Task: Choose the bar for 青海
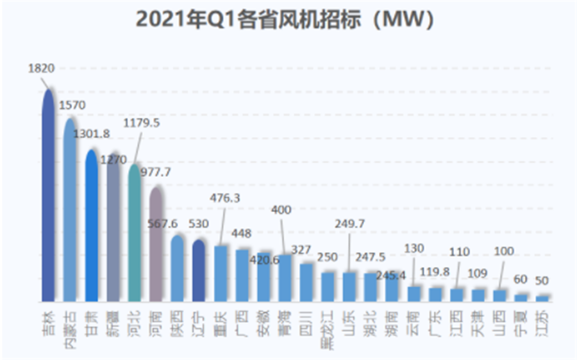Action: point(285,278)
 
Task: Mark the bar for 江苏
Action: point(542,298)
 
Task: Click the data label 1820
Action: point(41,68)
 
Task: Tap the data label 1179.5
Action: point(142,122)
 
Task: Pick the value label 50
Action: point(542,281)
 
